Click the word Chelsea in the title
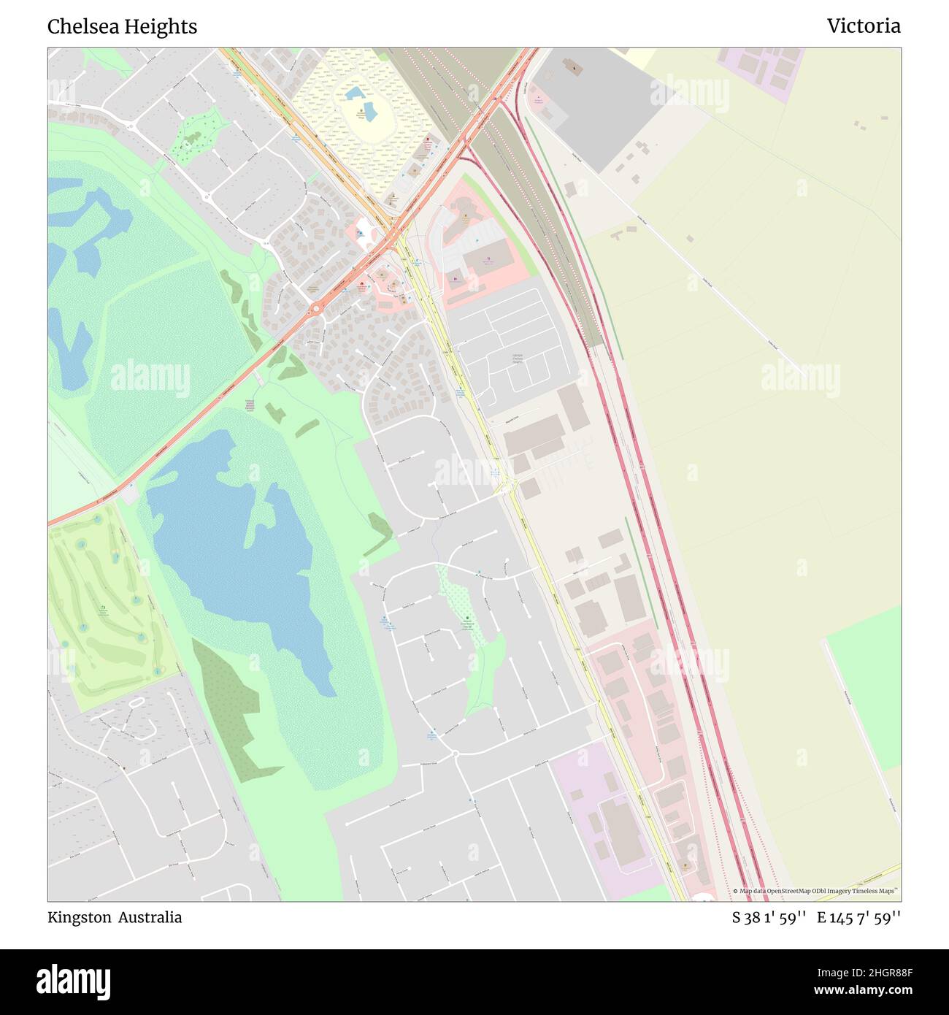[78, 27]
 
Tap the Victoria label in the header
[863, 27]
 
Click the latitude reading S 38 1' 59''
[769, 917]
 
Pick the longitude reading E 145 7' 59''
[858, 917]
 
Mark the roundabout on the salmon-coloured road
[316, 310]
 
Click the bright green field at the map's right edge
[865, 686]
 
